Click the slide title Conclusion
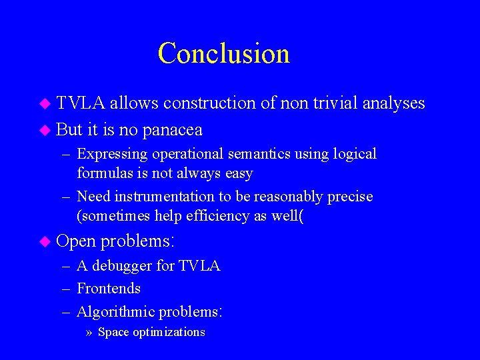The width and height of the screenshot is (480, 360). pyautogui.click(x=223, y=53)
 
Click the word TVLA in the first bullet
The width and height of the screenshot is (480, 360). pyautogui.click(x=81, y=103)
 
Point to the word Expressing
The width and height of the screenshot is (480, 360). pyautogui.click(x=112, y=155)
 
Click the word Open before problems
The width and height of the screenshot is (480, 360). pyautogui.click(x=77, y=241)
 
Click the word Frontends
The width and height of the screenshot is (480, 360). pyautogui.click(x=109, y=289)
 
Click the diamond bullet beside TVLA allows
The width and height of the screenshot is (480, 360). pyautogui.click(x=45, y=103)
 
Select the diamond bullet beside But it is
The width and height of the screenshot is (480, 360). pyautogui.click(x=45, y=129)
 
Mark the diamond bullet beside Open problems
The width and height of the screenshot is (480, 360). pyautogui.click(x=45, y=241)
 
